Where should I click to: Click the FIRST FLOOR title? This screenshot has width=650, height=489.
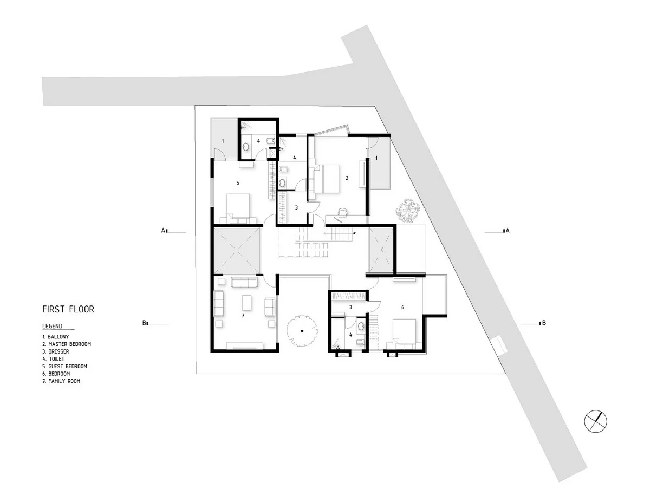pos(68,309)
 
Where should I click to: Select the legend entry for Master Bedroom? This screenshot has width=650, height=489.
pos(67,344)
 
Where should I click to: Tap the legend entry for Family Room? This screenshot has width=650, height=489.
pos(61,381)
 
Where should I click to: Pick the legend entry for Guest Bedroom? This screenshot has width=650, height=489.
pos(65,366)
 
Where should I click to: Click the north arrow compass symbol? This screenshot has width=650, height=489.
pos(595,421)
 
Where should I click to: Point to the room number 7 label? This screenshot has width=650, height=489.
pos(243,316)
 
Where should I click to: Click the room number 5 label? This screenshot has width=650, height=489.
pos(237,183)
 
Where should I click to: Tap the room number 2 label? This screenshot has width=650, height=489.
pos(347,178)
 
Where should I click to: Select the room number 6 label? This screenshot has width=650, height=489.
pos(402,307)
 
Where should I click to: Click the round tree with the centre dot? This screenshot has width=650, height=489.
pos(302,331)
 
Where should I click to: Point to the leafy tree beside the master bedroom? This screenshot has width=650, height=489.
pos(408,211)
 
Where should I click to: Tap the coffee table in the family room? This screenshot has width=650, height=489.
pos(246,303)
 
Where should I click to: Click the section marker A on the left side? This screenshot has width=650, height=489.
pos(164,230)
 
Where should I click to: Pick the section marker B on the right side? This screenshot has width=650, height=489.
pos(543,323)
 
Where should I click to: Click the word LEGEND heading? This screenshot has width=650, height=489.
pos(53,326)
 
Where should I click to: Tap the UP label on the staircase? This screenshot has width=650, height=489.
pos(354,233)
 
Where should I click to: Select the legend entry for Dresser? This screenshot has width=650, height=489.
pos(56,351)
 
